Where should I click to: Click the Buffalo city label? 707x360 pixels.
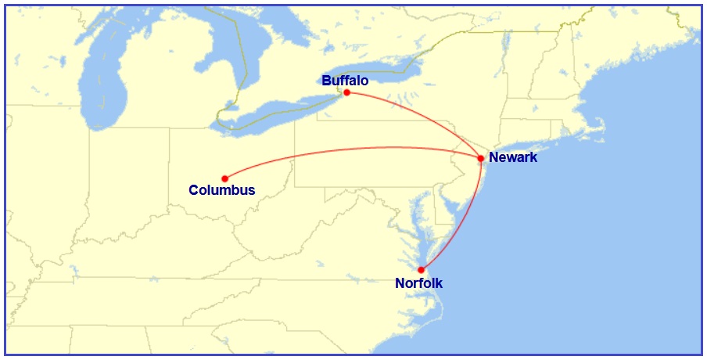(x=345, y=80)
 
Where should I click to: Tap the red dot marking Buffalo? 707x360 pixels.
(x=346, y=92)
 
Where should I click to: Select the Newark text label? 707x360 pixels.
(x=513, y=157)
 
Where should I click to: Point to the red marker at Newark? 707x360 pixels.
(x=480, y=158)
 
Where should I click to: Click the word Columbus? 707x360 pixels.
(x=222, y=190)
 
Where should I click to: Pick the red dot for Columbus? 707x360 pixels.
(x=224, y=178)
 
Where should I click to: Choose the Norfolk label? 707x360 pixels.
(x=419, y=283)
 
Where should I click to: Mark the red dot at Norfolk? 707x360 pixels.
(x=421, y=270)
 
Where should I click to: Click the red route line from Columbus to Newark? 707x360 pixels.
(x=352, y=148)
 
